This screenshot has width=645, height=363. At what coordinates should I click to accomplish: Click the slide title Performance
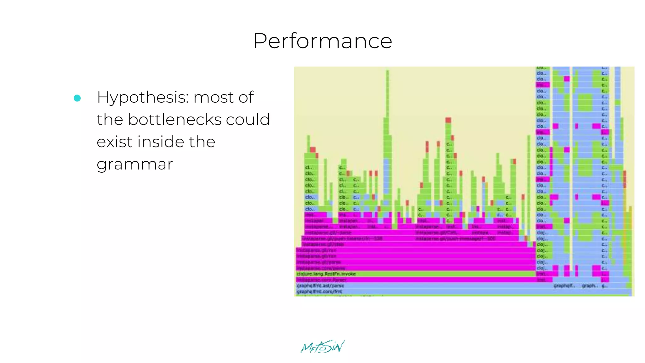coord(322,41)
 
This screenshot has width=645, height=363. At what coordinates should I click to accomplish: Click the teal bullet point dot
coord(77,98)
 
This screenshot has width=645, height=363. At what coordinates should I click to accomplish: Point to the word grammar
coord(135,164)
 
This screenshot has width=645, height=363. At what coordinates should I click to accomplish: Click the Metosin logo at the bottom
coord(322,347)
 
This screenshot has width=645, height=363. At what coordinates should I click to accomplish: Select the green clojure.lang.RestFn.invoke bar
coord(326,274)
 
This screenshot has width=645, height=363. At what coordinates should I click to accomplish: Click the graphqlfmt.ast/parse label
coord(320,285)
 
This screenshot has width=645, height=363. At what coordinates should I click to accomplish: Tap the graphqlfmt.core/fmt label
coord(319,291)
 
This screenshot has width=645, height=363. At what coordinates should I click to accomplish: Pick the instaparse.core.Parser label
coord(321,280)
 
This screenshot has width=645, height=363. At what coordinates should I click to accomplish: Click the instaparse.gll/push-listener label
coord(342,239)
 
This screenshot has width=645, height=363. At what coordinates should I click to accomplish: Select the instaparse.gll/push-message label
coord(455,239)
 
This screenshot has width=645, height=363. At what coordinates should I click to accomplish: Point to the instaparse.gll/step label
coord(323,245)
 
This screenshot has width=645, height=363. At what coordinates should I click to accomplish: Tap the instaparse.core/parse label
coord(321,268)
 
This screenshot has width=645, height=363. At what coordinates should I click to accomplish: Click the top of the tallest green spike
coord(387,72)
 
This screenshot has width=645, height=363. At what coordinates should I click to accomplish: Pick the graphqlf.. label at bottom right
coord(564,285)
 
